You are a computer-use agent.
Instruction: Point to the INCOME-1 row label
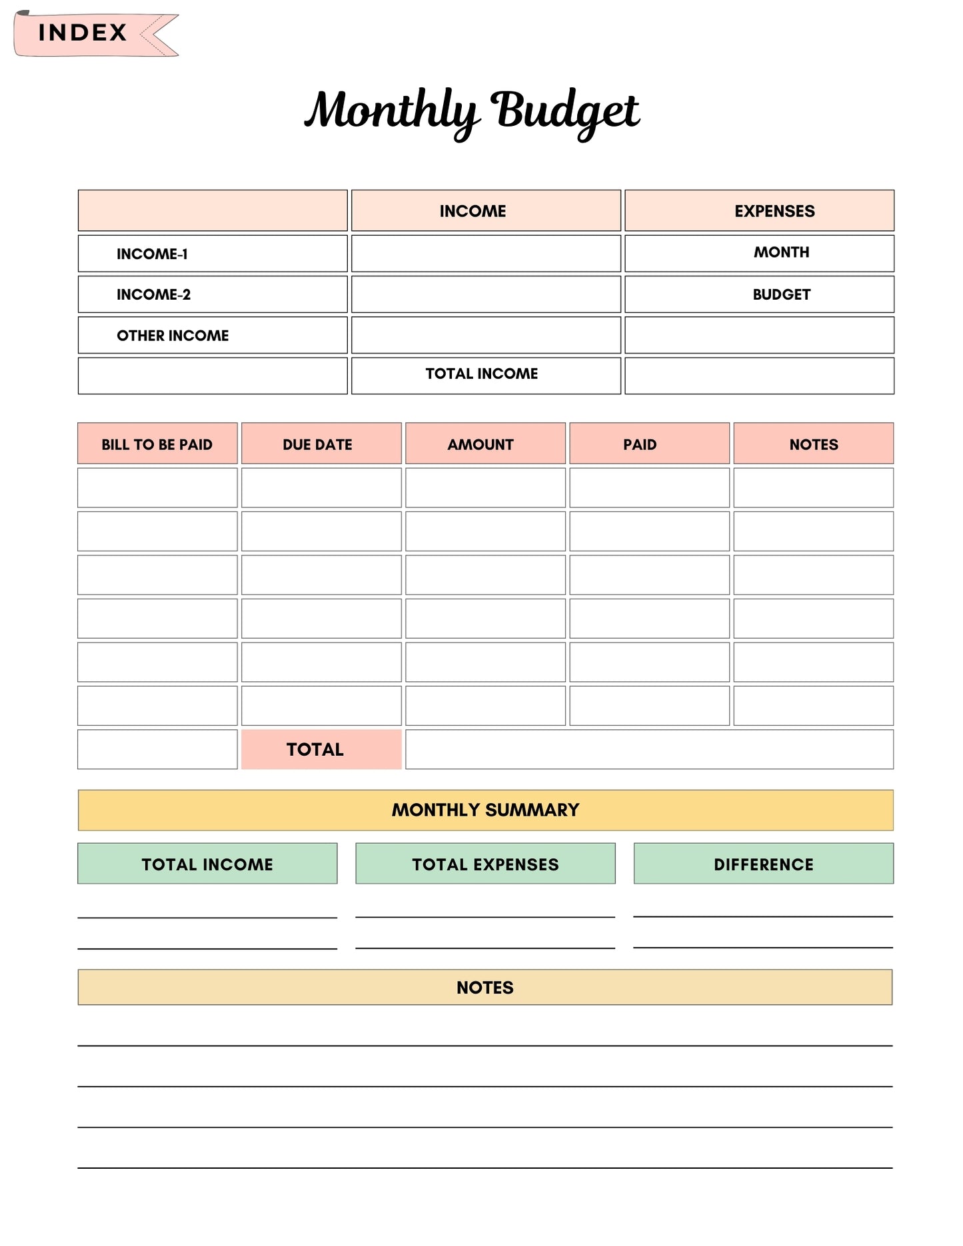click(152, 254)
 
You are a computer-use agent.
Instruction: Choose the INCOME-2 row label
click(153, 294)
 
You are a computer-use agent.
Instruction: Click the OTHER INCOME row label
click(173, 336)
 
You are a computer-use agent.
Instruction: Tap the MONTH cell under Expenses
click(781, 252)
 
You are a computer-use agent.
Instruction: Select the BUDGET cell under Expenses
click(781, 294)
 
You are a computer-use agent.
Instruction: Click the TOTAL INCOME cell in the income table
click(482, 374)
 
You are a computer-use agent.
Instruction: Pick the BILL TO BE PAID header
click(157, 444)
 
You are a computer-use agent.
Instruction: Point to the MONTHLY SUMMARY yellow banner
click(485, 810)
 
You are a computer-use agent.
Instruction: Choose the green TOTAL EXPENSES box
click(485, 864)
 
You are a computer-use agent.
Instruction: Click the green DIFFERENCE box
click(763, 864)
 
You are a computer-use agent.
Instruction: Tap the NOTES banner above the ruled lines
click(485, 987)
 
